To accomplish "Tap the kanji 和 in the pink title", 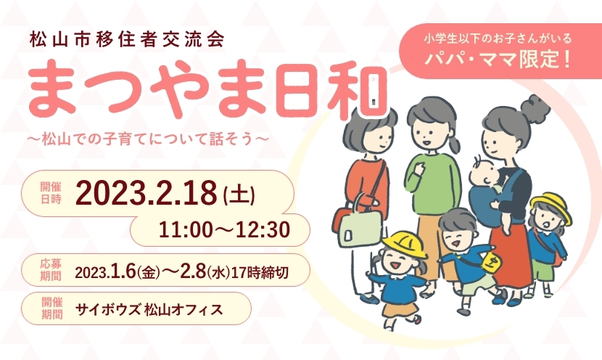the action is click(357, 91).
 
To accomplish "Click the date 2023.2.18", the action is click(147, 193).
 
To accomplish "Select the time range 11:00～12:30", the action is click(225, 230).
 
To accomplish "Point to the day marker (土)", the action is click(239, 195).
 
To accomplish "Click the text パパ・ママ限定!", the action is click(498, 60).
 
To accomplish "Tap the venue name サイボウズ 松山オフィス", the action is click(149, 309).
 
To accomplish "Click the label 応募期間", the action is click(51, 270).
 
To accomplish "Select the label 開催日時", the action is click(51, 193).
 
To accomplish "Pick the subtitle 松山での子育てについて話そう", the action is click(148, 139).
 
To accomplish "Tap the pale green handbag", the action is click(360, 226).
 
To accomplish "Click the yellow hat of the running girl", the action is click(404, 243).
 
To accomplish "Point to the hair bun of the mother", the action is click(535, 108).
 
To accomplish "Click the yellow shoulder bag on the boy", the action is click(491, 263).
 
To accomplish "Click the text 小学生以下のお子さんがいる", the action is click(498, 38).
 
